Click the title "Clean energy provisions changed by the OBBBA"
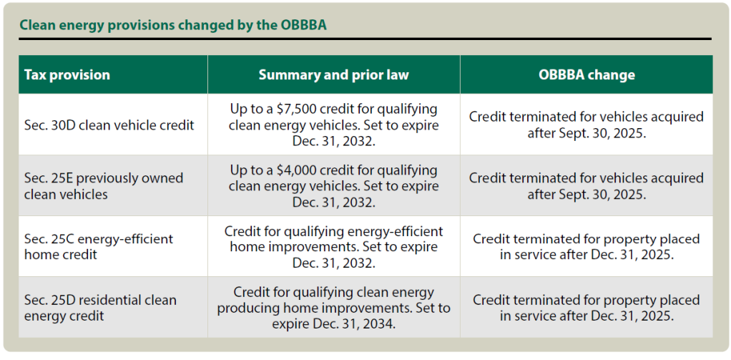173,25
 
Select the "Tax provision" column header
67,74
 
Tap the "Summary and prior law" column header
334,74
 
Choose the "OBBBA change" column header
586,74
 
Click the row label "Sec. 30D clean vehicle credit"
109,125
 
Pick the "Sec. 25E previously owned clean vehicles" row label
104,185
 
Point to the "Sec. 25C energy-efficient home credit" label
99,247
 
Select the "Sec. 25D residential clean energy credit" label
100,307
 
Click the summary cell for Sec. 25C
334,247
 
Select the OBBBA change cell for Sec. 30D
586,125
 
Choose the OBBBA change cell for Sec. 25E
586,185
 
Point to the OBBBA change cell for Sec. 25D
586,307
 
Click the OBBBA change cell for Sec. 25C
586,247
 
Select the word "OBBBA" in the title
303,25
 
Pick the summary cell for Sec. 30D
334,125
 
